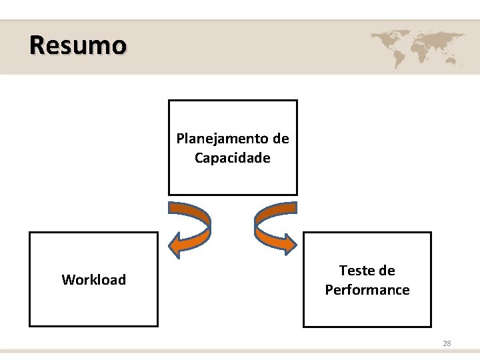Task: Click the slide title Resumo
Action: [x=77, y=45]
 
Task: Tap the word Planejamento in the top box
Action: [x=223, y=139]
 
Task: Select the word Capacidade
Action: [x=232, y=158]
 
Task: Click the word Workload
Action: [x=93, y=280]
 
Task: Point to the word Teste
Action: [x=358, y=271]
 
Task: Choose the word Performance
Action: [x=367, y=290]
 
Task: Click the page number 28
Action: [x=447, y=343]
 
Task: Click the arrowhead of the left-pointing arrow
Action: [x=177, y=245]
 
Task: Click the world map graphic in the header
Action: [x=417, y=47]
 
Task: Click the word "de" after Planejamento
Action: [x=281, y=139]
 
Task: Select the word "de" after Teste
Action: [x=387, y=271]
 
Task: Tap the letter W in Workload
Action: [x=68, y=280]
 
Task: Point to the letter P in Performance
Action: [x=329, y=290]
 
